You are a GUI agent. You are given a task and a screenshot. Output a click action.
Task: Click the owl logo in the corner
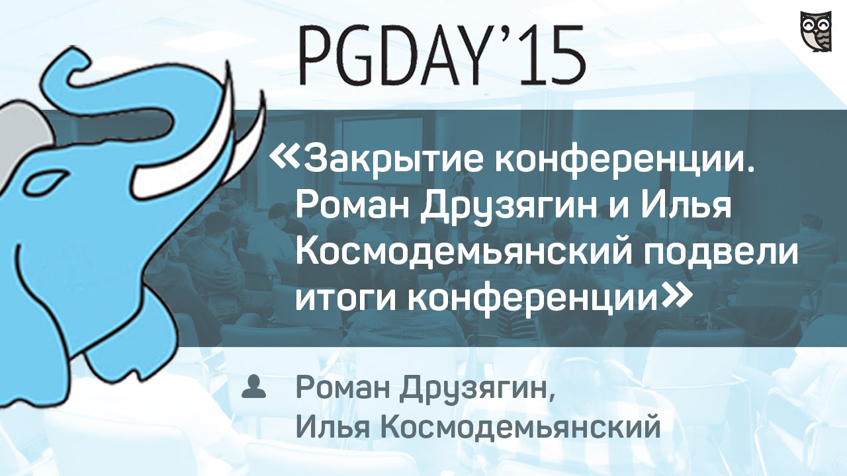[x=816, y=31]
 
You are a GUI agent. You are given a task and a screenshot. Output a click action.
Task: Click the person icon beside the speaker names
[x=253, y=386]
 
